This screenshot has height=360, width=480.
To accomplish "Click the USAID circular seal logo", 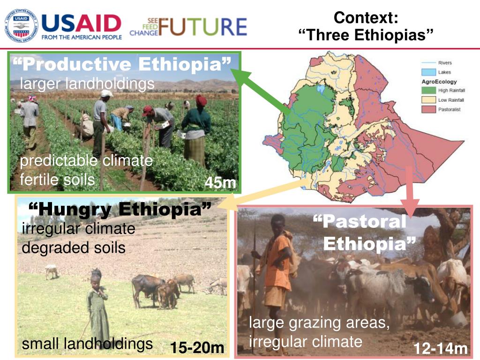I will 21,25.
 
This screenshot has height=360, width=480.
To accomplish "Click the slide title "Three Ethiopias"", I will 366,35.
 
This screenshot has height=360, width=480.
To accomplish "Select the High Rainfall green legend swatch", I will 428,90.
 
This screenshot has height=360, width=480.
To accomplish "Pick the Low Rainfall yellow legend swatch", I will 428,100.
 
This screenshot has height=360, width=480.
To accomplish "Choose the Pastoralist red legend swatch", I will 428,109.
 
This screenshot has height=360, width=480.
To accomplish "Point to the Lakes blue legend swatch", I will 428,72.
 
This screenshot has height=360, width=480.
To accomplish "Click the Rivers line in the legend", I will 428,63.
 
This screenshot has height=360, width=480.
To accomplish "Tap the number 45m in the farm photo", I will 220,183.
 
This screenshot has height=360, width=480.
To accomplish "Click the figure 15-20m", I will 197,348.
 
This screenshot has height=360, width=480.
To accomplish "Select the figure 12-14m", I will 441,349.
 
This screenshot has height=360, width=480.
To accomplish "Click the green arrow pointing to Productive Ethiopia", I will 262,91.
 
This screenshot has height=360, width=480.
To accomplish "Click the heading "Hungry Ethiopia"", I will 120,209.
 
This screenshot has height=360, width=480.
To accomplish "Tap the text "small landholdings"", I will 87,344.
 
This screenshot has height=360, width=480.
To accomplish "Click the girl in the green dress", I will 97,305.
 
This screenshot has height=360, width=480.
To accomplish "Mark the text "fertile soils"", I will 57,180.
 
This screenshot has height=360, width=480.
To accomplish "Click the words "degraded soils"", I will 74,247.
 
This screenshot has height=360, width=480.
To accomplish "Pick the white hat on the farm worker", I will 106,93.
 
